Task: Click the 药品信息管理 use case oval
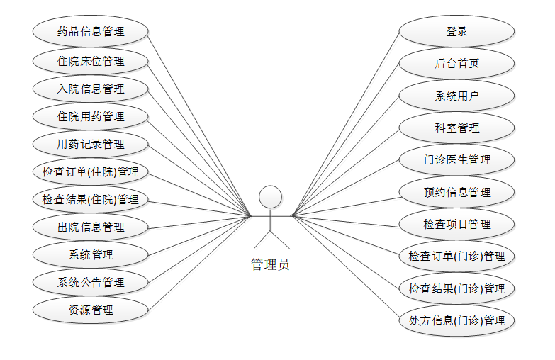click(x=91, y=31)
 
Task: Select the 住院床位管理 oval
click(x=91, y=62)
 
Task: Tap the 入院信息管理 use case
click(x=91, y=89)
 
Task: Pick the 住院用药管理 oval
click(x=91, y=117)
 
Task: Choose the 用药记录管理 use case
click(x=91, y=145)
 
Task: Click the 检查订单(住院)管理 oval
click(x=91, y=172)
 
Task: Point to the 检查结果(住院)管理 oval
click(x=91, y=200)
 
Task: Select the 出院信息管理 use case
click(x=91, y=227)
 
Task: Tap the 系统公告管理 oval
click(x=91, y=283)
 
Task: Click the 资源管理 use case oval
click(x=91, y=310)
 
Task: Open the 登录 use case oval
click(x=456, y=32)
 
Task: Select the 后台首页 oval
click(x=456, y=64)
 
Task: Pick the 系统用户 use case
click(x=456, y=96)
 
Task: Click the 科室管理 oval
click(x=456, y=128)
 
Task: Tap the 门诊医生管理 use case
click(x=456, y=160)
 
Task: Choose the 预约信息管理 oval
click(x=456, y=192)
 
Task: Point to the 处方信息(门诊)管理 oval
click(x=456, y=321)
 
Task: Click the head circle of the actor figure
click(x=271, y=197)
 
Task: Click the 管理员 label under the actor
click(x=270, y=265)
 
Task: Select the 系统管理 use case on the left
click(x=91, y=255)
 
